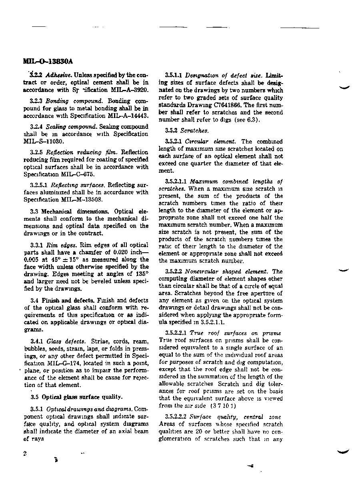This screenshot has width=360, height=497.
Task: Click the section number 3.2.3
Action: [x=37, y=101]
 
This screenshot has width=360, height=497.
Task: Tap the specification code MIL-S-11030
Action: [x=42, y=142]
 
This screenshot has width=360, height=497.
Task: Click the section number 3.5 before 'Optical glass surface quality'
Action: [x=35, y=397]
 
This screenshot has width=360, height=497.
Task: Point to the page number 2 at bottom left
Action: [x=25, y=453]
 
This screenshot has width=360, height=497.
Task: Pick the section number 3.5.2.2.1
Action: [x=176, y=333]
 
